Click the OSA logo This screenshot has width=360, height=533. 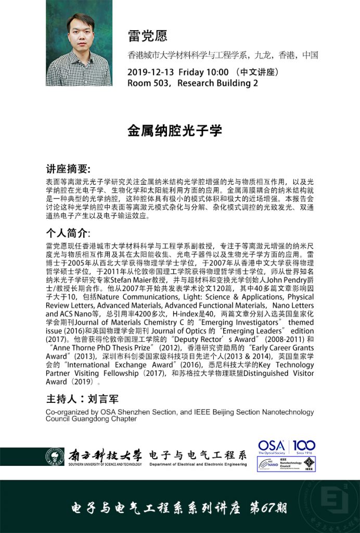272,447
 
